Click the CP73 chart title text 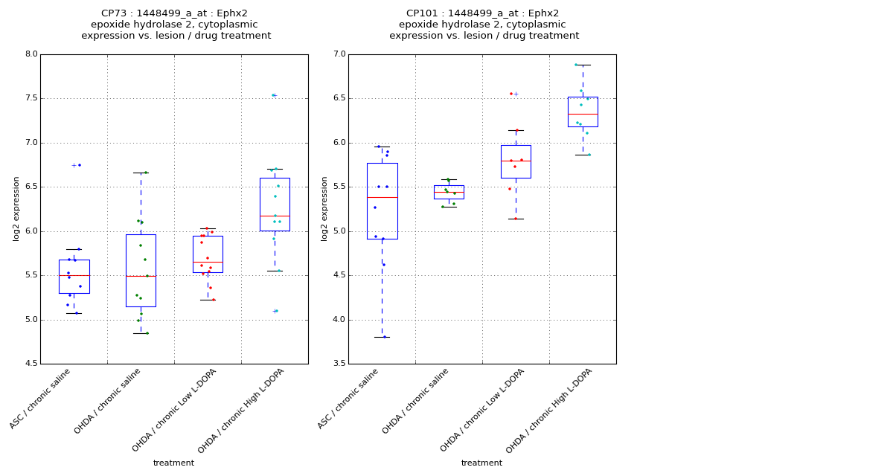click(176, 25)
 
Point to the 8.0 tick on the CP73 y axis click(31, 54)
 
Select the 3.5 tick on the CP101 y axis click(339, 364)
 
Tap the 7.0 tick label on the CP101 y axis click(339, 54)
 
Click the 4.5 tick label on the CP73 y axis click(31, 364)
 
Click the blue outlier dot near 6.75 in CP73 click(80, 165)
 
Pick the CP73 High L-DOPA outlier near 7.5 click(273, 95)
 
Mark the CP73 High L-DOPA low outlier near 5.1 click(275, 311)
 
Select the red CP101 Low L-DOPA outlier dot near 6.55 click(511, 94)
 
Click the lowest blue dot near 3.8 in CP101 click(385, 337)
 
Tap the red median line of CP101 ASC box click(382, 197)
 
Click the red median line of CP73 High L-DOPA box click(275, 216)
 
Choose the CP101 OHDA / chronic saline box click(449, 192)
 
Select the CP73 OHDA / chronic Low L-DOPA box click(208, 254)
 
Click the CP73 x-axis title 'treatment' click(173, 463)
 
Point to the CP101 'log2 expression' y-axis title click(324, 208)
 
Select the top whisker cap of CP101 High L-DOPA click(583, 65)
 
